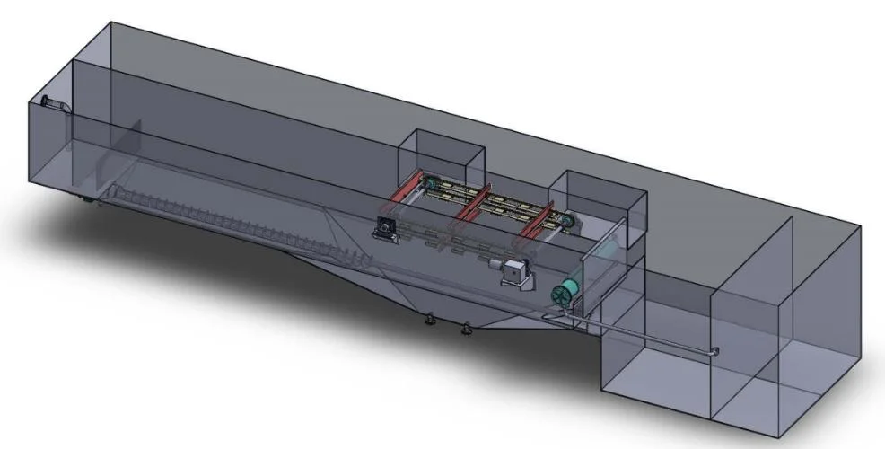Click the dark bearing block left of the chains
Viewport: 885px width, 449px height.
coord(388,228)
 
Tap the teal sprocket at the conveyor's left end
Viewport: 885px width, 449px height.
coord(433,186)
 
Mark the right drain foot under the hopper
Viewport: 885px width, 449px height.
coord(465,329)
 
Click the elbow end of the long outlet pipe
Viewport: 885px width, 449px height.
coord(715,351)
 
